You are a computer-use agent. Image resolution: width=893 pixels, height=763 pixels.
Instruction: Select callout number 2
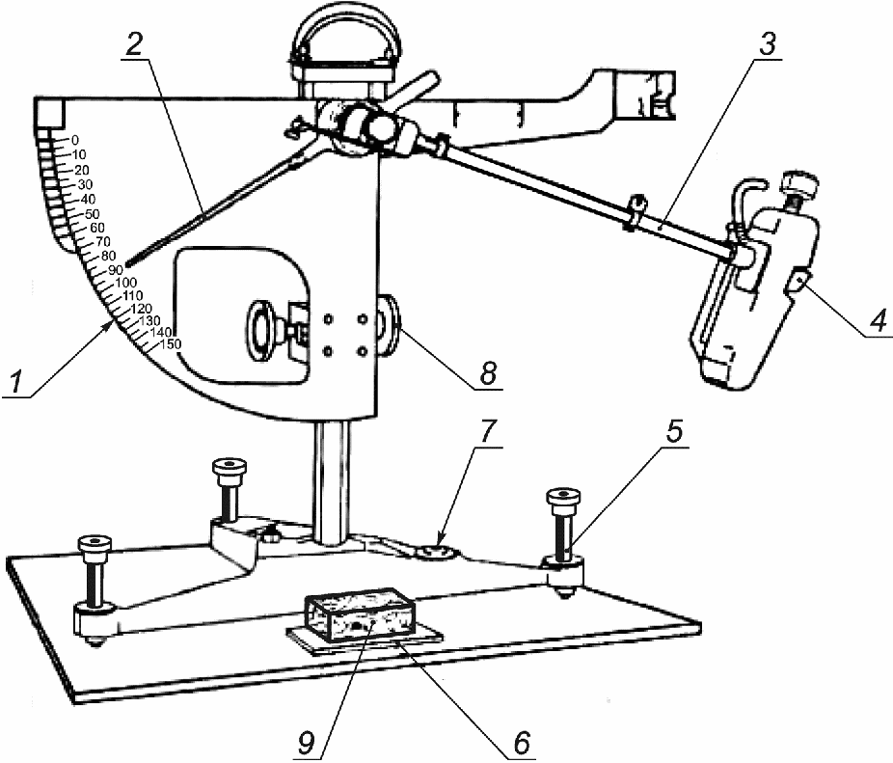[x=134, y=43]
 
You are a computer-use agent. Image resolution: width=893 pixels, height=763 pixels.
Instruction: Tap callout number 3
[x=769, y=43]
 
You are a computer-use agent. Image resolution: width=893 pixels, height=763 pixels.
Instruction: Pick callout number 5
[x=674, y=431]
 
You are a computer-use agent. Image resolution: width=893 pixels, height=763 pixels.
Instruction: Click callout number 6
[x=521, y=743]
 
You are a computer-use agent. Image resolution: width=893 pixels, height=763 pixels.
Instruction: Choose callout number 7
[x=488, y=431]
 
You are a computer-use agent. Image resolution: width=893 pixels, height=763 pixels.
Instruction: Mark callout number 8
[x=488, y=373]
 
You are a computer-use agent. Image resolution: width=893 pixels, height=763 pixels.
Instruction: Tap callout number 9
[x=308, y=743]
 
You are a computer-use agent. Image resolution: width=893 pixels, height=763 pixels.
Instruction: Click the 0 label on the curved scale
[x=75, y=140]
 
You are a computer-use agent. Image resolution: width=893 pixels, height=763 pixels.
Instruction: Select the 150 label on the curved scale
[x=171, y=343]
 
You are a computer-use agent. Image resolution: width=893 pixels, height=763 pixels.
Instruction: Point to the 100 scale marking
[x=126, y=283]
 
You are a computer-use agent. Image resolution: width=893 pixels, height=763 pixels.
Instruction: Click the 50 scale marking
[x=93, y=214]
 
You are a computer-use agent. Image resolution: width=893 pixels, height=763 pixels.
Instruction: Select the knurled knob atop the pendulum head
[x=800, y=183]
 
